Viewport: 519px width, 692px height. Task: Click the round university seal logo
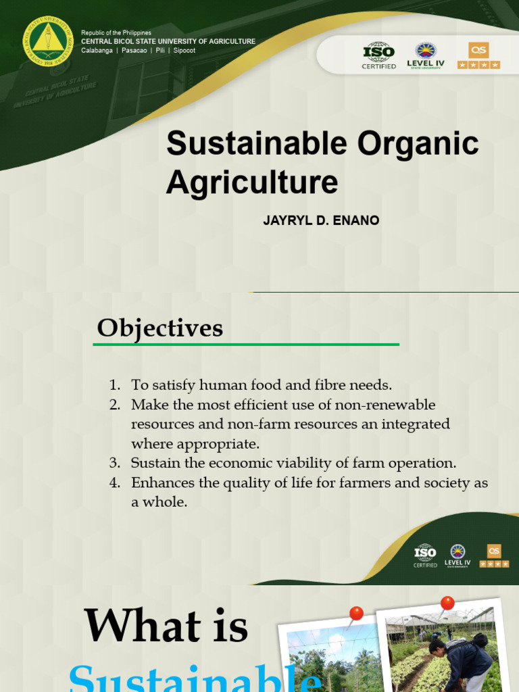point(47,42)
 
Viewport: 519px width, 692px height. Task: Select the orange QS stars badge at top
point(478,55)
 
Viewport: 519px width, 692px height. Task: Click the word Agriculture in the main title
point(252,182)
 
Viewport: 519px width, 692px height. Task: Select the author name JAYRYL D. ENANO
point(321,221)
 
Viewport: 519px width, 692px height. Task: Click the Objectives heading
point(159,328)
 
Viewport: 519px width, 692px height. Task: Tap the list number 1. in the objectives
point(114,385)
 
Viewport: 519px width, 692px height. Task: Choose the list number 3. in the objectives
point(114,464)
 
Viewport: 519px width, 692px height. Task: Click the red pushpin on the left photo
point(355,614)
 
